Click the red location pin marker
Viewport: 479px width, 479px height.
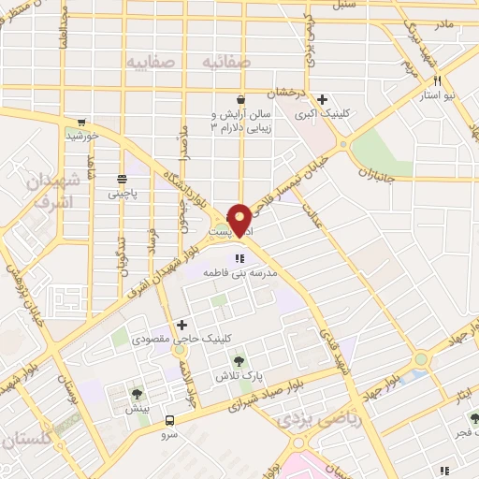tap(239, 219)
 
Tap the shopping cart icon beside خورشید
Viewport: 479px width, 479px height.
tap(82, 122)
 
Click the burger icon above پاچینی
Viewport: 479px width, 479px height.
tap(123, 180)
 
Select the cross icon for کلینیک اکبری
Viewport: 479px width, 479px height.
tap(323, 99)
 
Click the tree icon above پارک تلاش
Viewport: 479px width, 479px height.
tap(240, 360)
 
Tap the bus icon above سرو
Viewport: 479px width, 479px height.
tap(170, 420)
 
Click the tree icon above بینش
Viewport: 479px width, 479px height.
tap(138, 394)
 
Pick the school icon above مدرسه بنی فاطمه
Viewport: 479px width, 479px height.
tap(240, 257)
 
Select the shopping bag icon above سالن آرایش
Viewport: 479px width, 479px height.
tap(241, 99)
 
